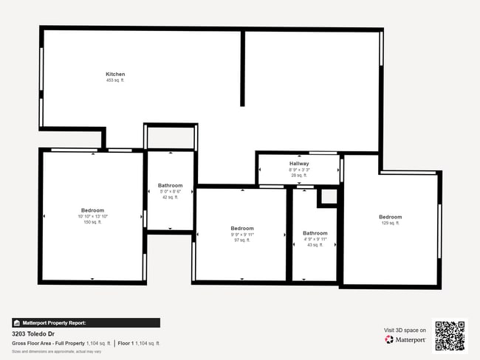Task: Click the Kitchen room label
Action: click(115, 74)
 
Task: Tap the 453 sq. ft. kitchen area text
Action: click(115, 80)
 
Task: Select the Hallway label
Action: click(299, 163)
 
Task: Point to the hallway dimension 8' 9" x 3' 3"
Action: click(299, 169)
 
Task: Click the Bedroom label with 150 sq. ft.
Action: click(92, 210)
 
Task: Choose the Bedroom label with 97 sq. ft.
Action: click(242, 228)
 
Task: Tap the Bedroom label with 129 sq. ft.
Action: click(391, 216)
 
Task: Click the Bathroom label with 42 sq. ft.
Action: click(170, 185)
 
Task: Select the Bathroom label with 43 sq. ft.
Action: click(315, 232)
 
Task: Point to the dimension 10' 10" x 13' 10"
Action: click(92, 216)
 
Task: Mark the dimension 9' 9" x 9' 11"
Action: click(242, 234)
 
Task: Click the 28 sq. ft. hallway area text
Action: click(299, 175)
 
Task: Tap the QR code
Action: click(450, 336)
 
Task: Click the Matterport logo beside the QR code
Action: click(405, 340)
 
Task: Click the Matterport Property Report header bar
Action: click(86, 322)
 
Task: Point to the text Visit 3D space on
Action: click(405, 330)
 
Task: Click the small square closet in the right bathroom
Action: click(327, 198)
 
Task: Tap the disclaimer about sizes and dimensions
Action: click(56, 351)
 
